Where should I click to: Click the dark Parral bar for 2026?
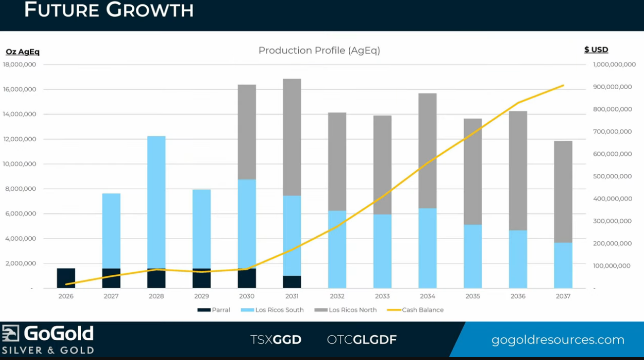point(66,278)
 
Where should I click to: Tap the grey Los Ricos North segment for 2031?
point(292,137)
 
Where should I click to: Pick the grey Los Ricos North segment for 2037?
point(563,192)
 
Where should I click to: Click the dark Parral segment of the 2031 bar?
point(292,282)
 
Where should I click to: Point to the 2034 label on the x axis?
point(428,296)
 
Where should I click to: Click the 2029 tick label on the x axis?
point(202,296)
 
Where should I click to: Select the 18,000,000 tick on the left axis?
point(20,64)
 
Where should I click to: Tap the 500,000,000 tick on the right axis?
point(612,176)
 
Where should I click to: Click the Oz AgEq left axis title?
point(22,51)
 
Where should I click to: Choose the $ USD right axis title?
point(596,50)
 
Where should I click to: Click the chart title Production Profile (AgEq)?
point(319,51)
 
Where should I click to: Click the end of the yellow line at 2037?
point(563,86)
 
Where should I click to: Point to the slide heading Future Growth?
point(108,10)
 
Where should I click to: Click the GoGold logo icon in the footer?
point(10,334)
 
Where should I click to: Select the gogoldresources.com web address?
point(557,340)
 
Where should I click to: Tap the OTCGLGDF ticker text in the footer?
point(362,340)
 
